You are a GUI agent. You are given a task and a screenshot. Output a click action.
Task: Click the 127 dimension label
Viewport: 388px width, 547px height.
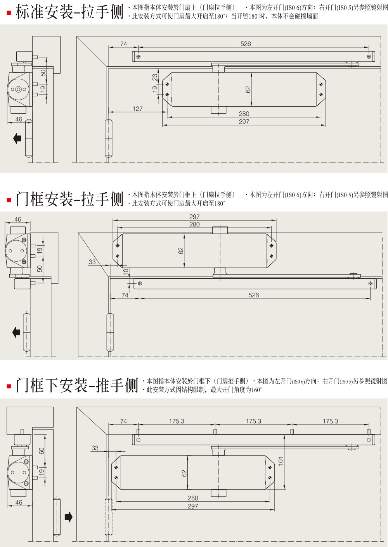click(x=138, y=109)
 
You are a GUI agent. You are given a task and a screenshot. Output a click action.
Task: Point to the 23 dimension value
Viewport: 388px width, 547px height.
click(x=155, y=77)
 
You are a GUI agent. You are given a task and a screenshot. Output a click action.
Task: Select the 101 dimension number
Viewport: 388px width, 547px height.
click(x=281, y=461)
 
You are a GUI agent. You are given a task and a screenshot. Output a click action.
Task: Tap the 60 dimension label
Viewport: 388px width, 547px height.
click(x=42, y=451)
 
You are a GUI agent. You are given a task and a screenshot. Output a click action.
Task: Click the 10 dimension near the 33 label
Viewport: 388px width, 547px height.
click(x=125, y=272)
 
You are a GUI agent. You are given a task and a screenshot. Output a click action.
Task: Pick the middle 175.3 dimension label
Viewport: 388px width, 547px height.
click(x=253, y=421)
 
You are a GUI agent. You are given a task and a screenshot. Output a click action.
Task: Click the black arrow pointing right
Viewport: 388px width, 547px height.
click(x=68, y=517)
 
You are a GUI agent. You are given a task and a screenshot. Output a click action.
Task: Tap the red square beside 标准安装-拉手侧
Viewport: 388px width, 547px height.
click(x=9, y=13)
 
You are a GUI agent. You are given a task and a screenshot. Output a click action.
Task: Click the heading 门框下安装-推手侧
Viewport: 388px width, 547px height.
click(x=77, y=385)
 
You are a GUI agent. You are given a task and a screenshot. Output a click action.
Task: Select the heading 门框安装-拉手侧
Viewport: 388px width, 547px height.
click(x=69, y=199)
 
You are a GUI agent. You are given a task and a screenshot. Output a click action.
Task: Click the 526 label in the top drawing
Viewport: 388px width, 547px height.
click(x=246, y=44)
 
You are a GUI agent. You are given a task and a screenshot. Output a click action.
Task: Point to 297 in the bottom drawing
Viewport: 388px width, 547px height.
click(x=193, y=506)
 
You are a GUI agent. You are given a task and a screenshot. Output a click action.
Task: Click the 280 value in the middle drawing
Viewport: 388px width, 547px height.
click(x=194, y=224)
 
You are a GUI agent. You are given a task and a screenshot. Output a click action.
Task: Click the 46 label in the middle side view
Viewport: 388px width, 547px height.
click(x=18, y=219)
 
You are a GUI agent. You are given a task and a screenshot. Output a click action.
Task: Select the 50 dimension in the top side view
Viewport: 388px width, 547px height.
click(x=43, y=73)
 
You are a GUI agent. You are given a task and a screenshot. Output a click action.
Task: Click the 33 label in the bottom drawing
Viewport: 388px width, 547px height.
click(x=95, y=448)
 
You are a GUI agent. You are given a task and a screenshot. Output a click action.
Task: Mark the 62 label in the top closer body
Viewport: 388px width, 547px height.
click(x=248, y=90)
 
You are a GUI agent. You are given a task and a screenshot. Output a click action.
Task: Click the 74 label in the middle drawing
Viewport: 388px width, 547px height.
click(x=125, y=295)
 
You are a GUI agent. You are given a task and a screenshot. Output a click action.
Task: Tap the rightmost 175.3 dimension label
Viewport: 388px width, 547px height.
click(x=330, y=421)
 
